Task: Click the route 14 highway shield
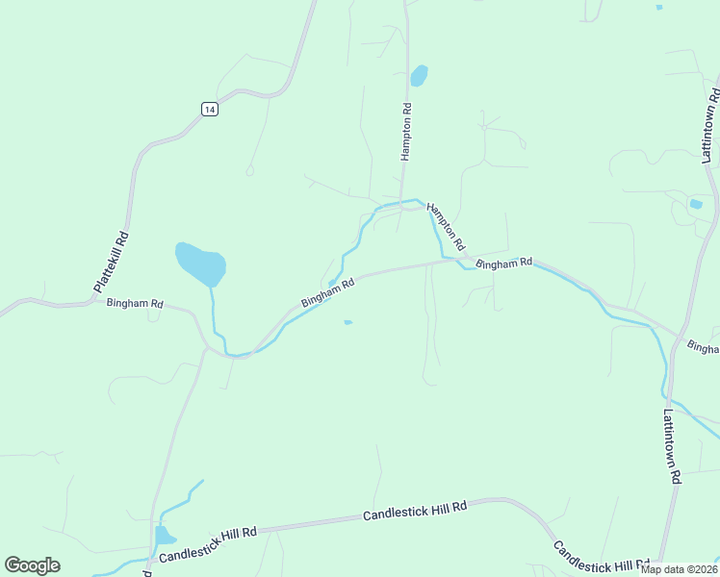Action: pos(210,109)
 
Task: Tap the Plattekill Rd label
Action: pos(111,262)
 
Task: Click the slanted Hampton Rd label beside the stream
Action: pos(446,226)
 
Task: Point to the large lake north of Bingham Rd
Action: pos(201,263)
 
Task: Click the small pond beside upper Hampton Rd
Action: pos(419,75)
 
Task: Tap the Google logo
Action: pos(32,565)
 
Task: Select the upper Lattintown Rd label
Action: pos(710,124)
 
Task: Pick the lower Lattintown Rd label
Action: pos(672,446)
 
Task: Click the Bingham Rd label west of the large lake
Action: pos(135,303)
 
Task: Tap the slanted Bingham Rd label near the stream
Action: pos(328,292)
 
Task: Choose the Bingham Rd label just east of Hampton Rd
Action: pos(503,263)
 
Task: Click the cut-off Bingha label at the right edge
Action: pos(704,346)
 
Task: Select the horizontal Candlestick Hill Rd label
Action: pos(415,511)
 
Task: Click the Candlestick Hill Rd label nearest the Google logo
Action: pos(208,544)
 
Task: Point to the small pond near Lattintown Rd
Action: pos(696,204)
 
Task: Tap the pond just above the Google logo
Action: pos(164,535)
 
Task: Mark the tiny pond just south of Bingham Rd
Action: pos(347,322)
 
